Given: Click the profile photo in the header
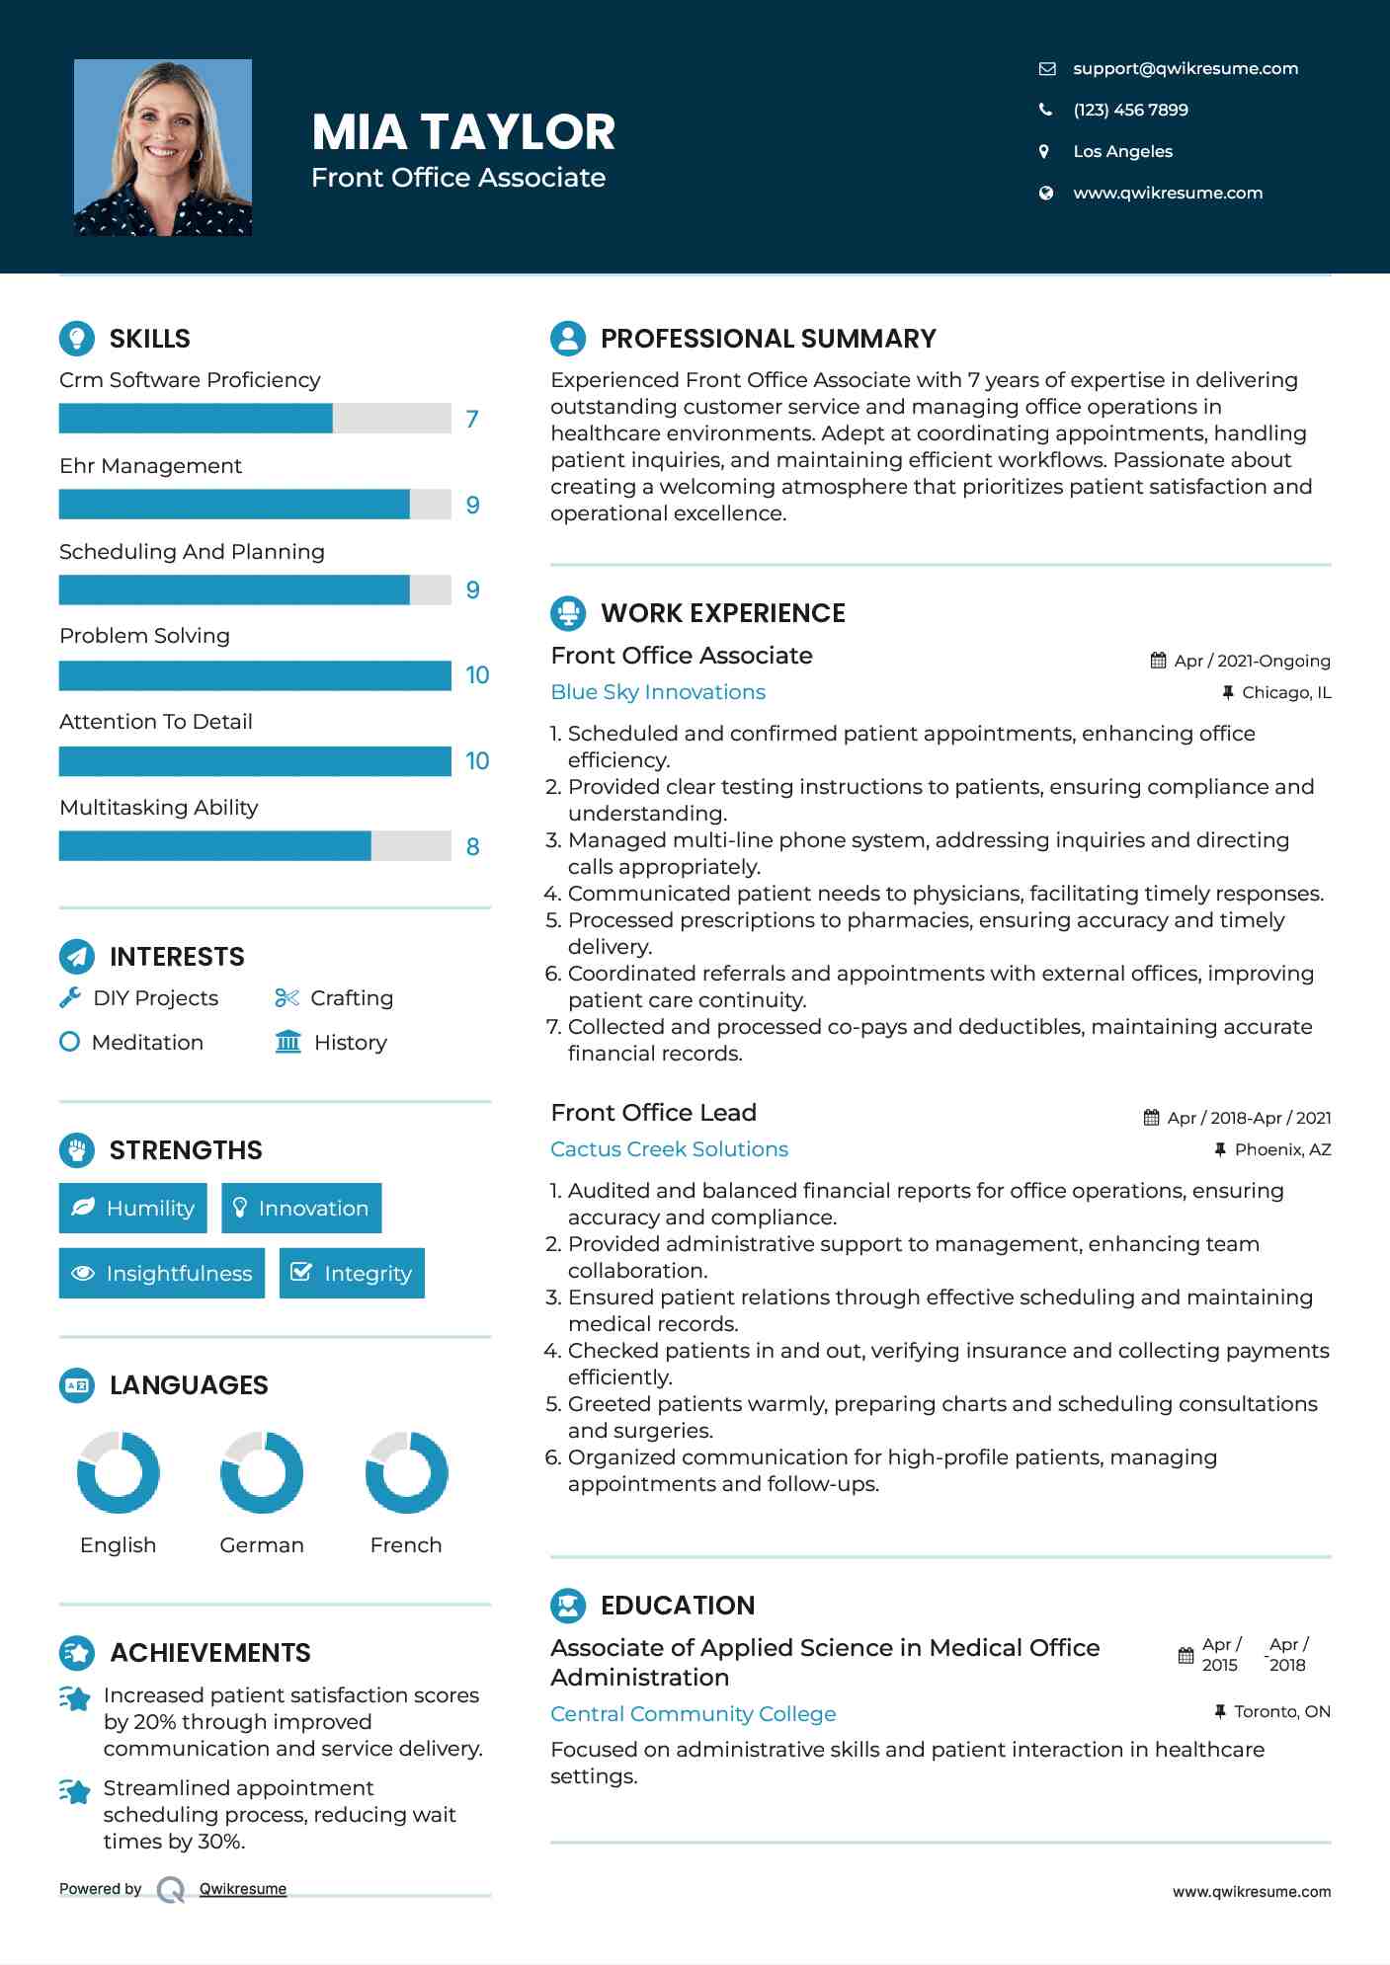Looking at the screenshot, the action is [x=163, y=147].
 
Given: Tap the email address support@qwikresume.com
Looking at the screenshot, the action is [x=1185, y=68].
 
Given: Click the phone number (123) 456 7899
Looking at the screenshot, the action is [x=1130, y=110].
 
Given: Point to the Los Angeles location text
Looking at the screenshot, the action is [x=1122, y=151].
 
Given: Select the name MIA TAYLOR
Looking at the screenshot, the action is [x=463, y=131].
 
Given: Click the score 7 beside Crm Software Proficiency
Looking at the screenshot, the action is [x=472, y=419].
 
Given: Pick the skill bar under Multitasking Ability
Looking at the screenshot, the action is [x=255, y=846].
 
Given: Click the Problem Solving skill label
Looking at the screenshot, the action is [x=144, y=636].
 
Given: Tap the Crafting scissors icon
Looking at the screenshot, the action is [x=286, y=998].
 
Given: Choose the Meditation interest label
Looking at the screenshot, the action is [x=147, y=1043].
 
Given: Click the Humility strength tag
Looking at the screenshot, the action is [x=133, y=1208].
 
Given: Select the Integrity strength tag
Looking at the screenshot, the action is [x=352, y=1273].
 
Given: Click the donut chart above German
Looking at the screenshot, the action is [x=262, y=1472].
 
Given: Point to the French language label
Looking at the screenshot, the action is [x=406, y=1545].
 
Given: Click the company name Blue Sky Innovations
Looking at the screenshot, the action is [x=658, y=692].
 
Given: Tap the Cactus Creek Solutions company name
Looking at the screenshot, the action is [x=669, y=1149].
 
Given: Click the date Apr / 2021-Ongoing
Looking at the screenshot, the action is [x=1252, y=661].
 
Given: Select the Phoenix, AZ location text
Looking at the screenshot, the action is [x=1282, y=1149].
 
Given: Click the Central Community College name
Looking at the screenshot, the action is [x=693, y=1714].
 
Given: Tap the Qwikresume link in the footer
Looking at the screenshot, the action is [x=243, y=1889].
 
